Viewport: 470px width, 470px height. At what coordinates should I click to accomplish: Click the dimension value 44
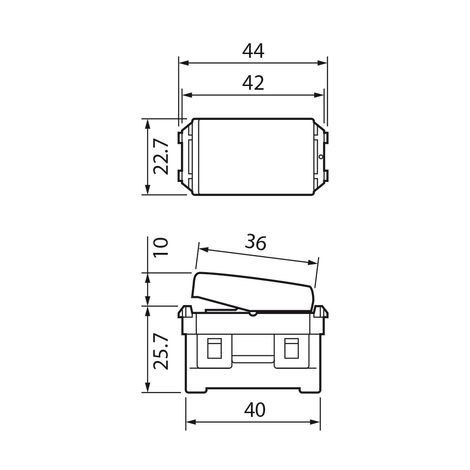tap(253, 51)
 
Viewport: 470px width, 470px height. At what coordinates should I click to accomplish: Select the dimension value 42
tap(253, 83)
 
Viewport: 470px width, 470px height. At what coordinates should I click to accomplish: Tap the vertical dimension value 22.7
tap(161, 157)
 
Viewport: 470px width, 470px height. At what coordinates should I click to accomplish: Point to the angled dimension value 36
tap(256, 243)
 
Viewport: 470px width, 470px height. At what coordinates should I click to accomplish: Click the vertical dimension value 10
tap(161, 246)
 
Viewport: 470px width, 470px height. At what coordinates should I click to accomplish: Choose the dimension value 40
tap(255, 410)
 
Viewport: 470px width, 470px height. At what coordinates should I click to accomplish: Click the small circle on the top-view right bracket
tap(321, 157)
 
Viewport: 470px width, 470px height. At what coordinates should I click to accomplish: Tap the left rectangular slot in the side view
tap(214, 348)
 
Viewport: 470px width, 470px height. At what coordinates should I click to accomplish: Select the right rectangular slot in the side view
tap(291, 348)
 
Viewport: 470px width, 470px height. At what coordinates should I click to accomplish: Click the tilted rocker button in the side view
tap(254, 292)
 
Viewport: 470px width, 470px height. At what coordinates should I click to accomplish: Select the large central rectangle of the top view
tap(256, 157)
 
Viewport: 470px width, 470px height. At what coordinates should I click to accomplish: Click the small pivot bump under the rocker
tap(253, 313)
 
